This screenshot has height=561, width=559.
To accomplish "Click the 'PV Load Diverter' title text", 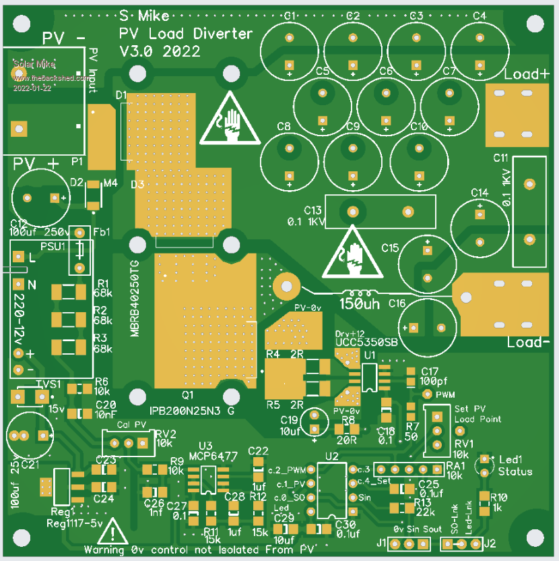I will (186, 34).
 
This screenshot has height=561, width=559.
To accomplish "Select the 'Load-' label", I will (528, 343).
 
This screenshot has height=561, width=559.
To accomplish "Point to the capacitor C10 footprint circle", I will (419, 158).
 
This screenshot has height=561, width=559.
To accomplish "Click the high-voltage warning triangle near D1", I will (230, 121).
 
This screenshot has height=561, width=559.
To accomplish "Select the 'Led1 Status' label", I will (515, 465).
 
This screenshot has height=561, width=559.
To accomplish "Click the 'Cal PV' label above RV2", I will (132, 424).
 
